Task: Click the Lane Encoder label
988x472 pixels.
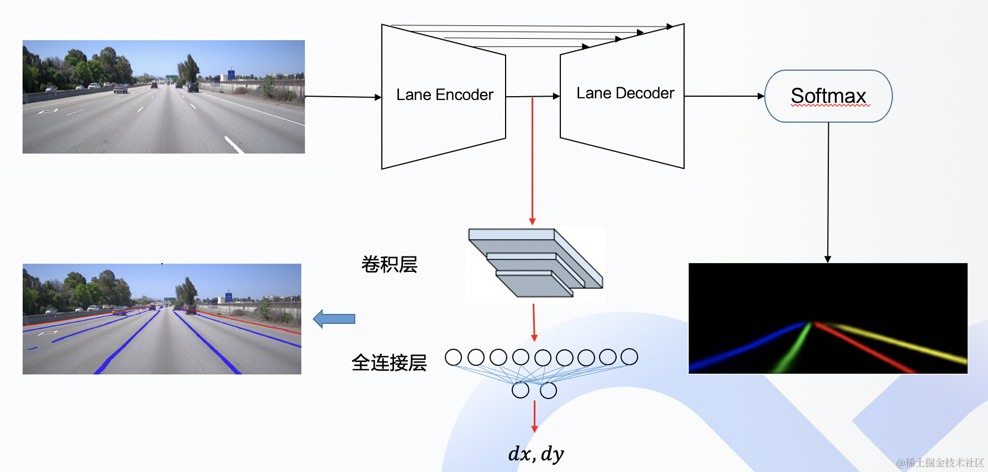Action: (x=444, y=95)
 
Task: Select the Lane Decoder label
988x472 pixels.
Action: (x=625, y=93)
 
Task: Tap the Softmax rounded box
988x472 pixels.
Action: (x=828, y=96)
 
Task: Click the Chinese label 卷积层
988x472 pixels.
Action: (x=389, y=265)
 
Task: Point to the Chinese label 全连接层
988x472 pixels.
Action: (x=389, y=363)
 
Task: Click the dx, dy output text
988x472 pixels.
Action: (x=535, y=454)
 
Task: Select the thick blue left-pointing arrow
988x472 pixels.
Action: (x=334, y=319)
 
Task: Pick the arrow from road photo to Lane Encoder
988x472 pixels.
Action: (x=343, y=97)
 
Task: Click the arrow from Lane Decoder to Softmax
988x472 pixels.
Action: (x=724, y=96)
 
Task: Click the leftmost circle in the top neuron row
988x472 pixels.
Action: (x=453, y=357)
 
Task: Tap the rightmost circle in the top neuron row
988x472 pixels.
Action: (x=629, y=357)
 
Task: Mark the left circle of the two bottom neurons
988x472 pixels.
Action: (x=520, y=390)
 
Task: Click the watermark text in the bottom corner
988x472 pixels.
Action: (x=940, y=463)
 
